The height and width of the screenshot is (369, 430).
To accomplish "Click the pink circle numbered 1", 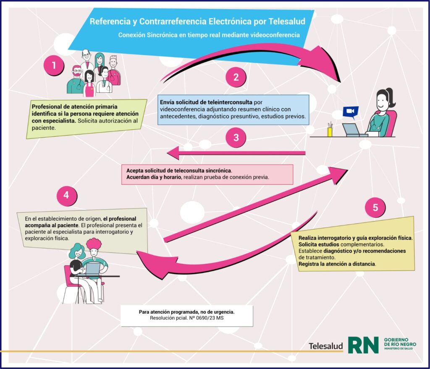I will [54, 65].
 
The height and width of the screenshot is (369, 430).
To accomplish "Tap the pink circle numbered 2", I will [236, 77].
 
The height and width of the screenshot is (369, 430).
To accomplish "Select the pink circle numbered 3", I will [236, 137].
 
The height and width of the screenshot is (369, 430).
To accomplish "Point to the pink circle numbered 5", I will [375, 207].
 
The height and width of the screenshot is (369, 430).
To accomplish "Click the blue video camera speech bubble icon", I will [350, 112].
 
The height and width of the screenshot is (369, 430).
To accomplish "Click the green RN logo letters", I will [363, 344].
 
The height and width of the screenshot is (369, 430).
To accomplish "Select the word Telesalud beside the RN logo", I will [325, 346].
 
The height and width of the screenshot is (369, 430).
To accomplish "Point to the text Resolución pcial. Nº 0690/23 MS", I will [186, 319].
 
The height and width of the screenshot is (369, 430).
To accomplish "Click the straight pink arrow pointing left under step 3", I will [235, 153].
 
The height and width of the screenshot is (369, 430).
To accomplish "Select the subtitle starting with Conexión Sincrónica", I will [209, 35].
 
